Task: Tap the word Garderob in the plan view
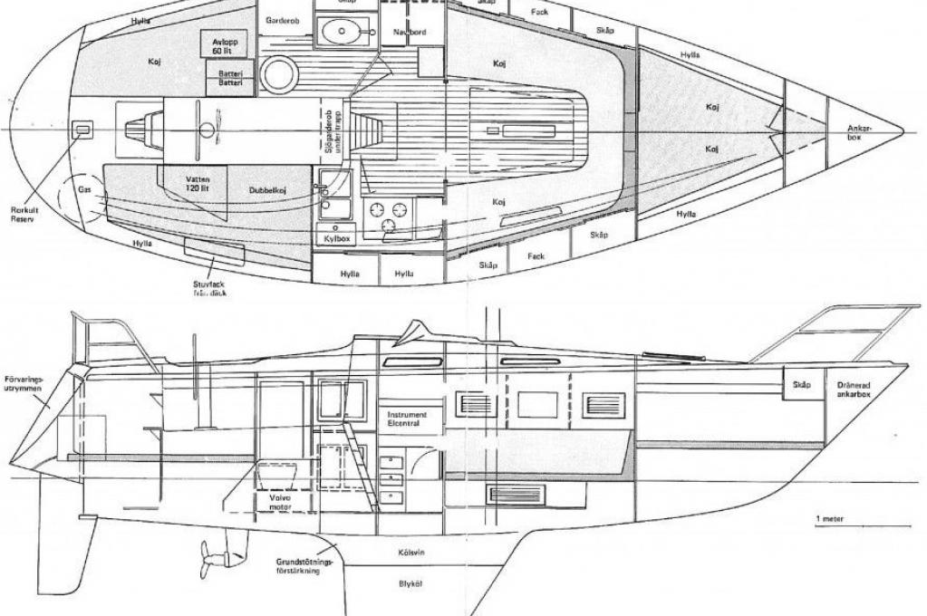click(x=282, y=20)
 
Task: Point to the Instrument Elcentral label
click(x=406, y=418)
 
